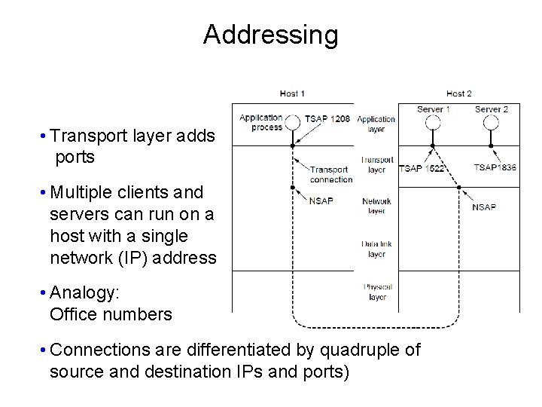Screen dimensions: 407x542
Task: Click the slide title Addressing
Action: point(270,35)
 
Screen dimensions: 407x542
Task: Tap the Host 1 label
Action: point(292,93)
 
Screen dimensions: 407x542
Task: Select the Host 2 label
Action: point(458,93)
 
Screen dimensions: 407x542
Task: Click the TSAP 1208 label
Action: point(327,119)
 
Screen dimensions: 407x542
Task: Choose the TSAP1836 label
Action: point(495,167)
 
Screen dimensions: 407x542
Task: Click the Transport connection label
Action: point(330,174)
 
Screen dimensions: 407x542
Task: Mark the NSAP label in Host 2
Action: point(483,207)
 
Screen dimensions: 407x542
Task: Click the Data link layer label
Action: point(376,249)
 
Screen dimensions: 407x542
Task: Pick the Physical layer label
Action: point(376,292)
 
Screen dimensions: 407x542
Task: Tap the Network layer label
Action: point(376,206)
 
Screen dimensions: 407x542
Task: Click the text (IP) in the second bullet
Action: point(131,258)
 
